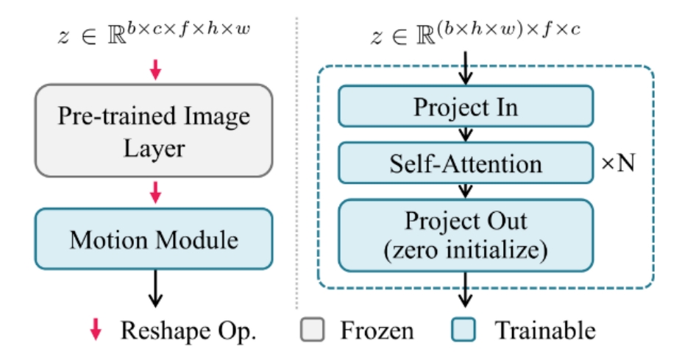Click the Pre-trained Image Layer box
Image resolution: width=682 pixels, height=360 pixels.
[x=154, y=130]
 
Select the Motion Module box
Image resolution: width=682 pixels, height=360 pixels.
[x=154, y=239]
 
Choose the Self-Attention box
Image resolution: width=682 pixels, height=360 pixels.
[x=465, y=162]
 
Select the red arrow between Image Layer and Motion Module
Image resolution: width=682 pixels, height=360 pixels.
[x=154, y=194]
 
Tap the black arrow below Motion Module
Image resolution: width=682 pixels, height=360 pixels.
[x=154, y=289]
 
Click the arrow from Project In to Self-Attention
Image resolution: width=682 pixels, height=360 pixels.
[x=465, y=134]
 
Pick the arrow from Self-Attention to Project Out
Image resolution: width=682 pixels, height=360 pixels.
[x=465, y=190]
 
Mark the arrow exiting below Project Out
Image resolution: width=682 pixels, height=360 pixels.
[x=465, y=289]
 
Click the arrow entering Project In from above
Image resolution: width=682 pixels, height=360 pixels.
[x=465, y=72]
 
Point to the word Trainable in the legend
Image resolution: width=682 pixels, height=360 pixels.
[x=544, y=331]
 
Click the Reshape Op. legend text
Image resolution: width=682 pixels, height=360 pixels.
[x=188, y=331]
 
